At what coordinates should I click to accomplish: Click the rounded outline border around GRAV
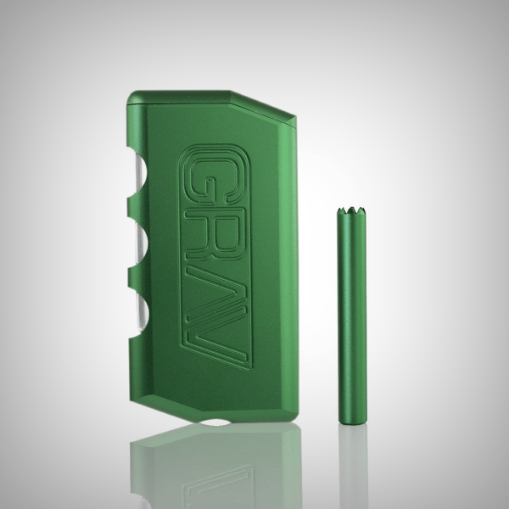(x=182, y=255)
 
